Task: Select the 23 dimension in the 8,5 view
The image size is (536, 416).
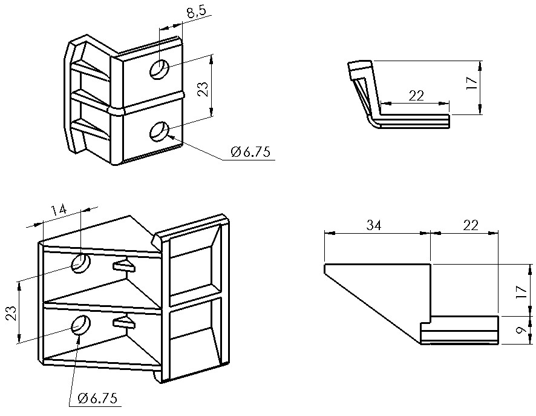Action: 203,89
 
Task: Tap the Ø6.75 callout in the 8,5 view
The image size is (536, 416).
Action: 250,151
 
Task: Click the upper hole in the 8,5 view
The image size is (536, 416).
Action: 160,70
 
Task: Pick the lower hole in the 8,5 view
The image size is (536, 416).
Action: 160,131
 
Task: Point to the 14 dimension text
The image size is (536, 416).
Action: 59,210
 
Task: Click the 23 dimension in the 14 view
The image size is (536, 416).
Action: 11,313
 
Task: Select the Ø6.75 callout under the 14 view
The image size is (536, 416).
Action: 97,398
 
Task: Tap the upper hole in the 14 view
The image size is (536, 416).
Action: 80,263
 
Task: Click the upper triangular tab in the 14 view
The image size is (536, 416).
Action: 124,265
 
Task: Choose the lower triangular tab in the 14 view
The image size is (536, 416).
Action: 124,322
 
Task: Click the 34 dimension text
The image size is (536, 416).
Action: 374,225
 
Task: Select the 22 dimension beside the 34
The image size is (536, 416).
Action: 471,225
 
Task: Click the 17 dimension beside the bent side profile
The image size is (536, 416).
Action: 471,83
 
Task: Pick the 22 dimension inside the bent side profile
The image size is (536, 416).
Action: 416,96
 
